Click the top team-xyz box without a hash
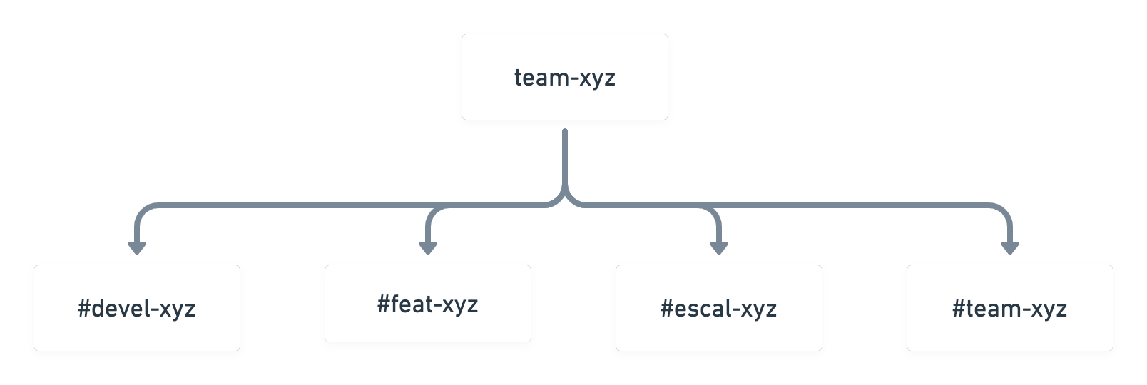(x=565, y=77)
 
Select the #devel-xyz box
(x=137, y=308)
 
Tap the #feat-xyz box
(x=427, y=304)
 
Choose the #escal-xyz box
(x=719, y=308)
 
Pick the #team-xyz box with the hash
(x=1010, y=308)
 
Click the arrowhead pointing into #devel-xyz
(x=137, y=248)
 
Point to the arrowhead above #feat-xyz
(x=427, y=248)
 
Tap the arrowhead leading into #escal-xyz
(x=719, y=248)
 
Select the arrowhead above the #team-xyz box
(x=1010, y=248)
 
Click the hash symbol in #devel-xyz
(x=84, y=309)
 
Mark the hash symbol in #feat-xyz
(x=383, y=304)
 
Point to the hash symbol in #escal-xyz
(x=666, y=309)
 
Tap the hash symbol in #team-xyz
(x=958, y=309)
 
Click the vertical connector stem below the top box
(x=565, y=159)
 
